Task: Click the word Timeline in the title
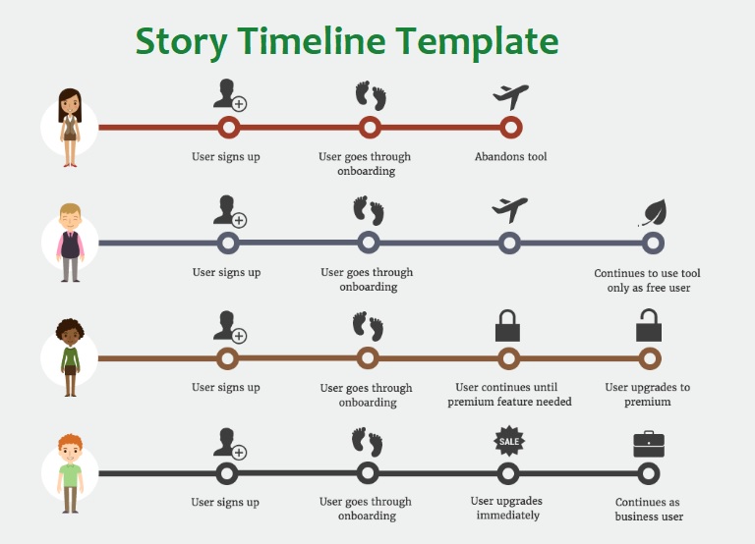coord(311,41)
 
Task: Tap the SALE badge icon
coord(509,441)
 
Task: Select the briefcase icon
coord(649,444)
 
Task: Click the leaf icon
coord(653,213)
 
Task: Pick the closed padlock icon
coord(507,326)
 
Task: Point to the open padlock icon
coord(649,325)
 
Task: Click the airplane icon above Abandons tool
coord(510,96)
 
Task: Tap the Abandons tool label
coord(511,156)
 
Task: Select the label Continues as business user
coord(648,510)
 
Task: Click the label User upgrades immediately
coord(507,508)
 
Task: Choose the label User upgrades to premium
coord(648,395)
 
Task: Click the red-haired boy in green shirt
coord(71,473)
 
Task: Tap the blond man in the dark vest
coord(71,243)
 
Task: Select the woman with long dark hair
coord(71,128)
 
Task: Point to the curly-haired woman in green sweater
coord(71,357)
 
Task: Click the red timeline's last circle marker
coord(510,127)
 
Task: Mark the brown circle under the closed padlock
coord(508,358)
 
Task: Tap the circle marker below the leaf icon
coord(653,243)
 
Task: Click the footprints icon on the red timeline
coord(371,95)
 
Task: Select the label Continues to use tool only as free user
coord(648,281)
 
